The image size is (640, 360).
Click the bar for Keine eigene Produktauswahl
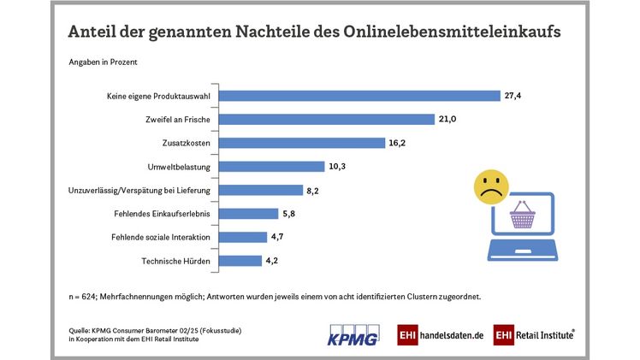coord(361,96)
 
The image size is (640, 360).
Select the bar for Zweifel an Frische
coord(329,119)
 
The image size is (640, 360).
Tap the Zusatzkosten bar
coord(304,143)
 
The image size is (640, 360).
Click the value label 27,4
coord(513,96)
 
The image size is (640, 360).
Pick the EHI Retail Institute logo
coord(533,334)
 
